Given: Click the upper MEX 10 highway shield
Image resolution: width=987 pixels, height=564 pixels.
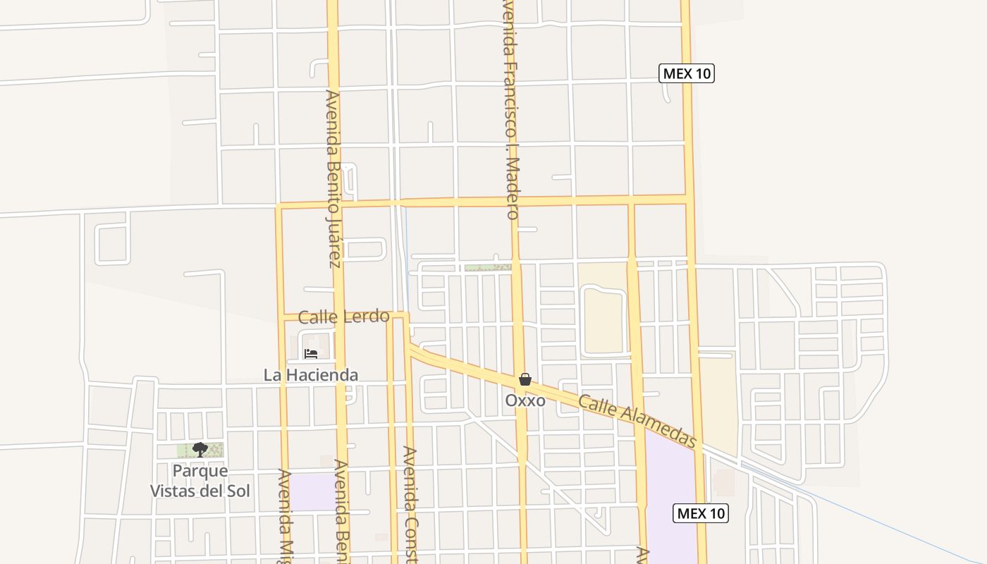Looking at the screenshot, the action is [x=687, y=73].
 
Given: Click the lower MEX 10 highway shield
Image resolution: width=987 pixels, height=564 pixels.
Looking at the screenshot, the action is [x=701, y=513].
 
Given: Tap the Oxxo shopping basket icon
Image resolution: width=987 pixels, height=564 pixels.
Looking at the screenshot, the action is [x=525, y=379].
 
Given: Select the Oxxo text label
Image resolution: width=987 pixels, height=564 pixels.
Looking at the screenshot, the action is [x=525, y=400].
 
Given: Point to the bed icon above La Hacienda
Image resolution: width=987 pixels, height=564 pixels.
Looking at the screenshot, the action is [x=311, y=354].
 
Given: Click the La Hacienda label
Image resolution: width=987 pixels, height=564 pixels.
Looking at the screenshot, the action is [x=311, y=375].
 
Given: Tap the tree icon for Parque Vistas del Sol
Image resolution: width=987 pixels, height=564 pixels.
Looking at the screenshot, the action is [x=200, y=450].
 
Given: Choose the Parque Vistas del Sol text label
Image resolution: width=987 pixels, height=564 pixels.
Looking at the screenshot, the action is [x=200, y=481].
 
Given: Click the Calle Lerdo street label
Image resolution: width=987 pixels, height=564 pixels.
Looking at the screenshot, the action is [x=343, y=317].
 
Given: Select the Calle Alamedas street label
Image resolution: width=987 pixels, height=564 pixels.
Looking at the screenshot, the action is [x=637, y=421].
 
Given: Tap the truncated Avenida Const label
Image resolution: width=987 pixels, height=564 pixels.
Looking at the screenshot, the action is [x=410, y=504].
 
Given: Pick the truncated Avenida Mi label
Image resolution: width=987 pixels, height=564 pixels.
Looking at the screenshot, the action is [x=284, y=515].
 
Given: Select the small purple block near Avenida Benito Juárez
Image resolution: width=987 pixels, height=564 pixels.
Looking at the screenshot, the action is [x=313, y=491].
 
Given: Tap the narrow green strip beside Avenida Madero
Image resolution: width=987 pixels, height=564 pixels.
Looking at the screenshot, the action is [x=487, y=268].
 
